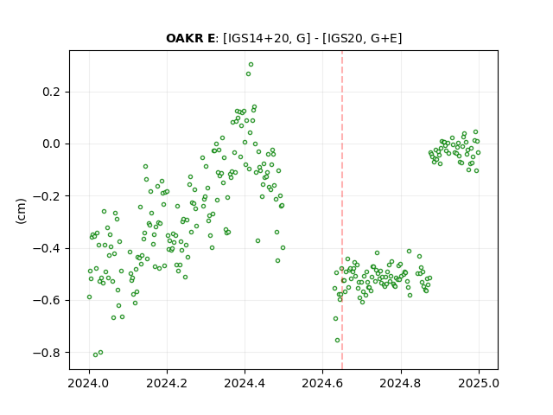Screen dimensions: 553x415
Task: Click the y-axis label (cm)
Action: (x=21, y=211)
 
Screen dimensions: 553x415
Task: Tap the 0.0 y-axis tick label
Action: (x=52, y=144)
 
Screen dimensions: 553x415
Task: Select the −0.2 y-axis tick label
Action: (x=47, y=196)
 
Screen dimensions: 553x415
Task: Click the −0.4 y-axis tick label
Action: (x=47, y=248)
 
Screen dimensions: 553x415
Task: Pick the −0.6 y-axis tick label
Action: (x=47, y=300)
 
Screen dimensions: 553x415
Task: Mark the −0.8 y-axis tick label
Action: (x=47, y=353)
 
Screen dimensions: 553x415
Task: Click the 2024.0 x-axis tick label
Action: (x=89, y=383)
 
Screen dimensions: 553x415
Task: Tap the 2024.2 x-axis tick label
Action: (x=167, y=383)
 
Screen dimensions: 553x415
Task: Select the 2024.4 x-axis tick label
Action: (x=245, y=383)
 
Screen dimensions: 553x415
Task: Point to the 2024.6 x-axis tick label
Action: (x=322, y=383)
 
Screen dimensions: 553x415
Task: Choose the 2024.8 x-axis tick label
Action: (x=401, y=383)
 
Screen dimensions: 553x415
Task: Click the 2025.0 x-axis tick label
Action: (x=479, y=383)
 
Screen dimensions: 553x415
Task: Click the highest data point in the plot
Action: (x=251, y=65)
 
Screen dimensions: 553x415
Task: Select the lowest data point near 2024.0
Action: (x=95, y=354)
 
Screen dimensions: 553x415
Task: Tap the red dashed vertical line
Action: (x=342, y=210)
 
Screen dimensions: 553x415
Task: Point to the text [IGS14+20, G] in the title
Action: (x=267, y=38)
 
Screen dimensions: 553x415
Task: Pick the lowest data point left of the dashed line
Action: (x=95, y=354)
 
